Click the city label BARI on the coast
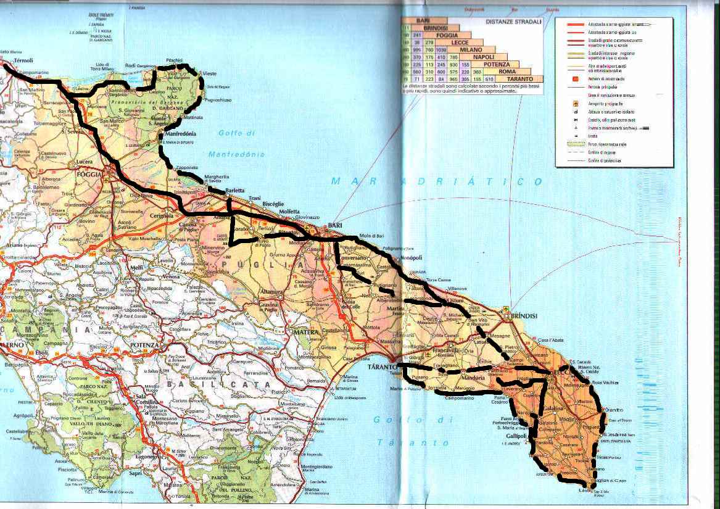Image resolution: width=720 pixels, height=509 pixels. pyautogui.click(x=336, y=226)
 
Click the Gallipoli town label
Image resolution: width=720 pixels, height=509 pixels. pyautogui.click(x=516, y=435)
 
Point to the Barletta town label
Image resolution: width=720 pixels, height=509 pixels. pyautogui.click(x=234, y=191)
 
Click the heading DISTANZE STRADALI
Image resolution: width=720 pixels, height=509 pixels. pyautogui.click(x=514, y=22)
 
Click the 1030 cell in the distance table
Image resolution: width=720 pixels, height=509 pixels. pyautogui.click(x=441, y=50)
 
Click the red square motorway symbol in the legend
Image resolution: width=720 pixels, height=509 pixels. pyautogui.click(x=575, y=79)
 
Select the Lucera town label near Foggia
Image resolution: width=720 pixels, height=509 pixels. pyautogui.click(x=84, y=162)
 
